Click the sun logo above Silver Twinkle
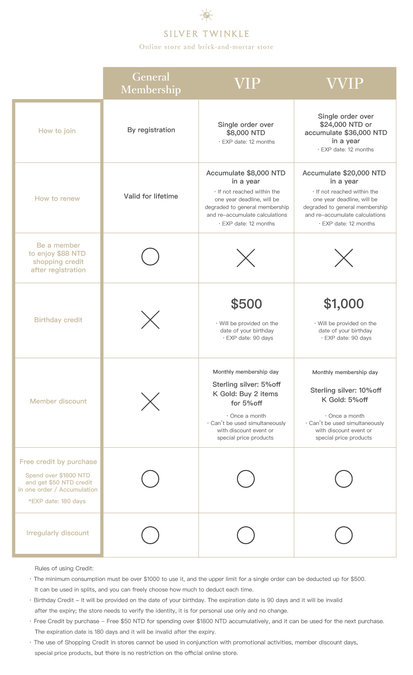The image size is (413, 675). [206, 15]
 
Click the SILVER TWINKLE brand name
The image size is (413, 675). [206, 34]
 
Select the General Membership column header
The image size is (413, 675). [151, 83]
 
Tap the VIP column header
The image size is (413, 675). [247, 84]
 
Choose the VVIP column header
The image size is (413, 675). [345, 84]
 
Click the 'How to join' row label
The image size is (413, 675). [57, 131]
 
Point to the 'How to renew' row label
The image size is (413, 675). [57, 199]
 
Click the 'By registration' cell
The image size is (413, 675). [151, 130]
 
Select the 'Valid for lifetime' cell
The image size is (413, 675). [151, 196]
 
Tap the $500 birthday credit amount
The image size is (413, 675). [246, 304]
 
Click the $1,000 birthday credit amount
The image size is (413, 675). [344, 304]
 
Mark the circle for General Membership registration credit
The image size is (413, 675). [150, 257]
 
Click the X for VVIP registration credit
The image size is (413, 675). [343, 258]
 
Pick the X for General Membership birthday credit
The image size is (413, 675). [150, 320]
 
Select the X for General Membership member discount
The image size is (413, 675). [150, 401]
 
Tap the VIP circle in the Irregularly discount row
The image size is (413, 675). [246, 535]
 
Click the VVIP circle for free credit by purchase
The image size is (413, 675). [343, 479]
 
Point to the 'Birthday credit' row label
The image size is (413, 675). [58, 320]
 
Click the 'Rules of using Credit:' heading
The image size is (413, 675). [64, 569]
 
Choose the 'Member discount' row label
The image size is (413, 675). [58, 401]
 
